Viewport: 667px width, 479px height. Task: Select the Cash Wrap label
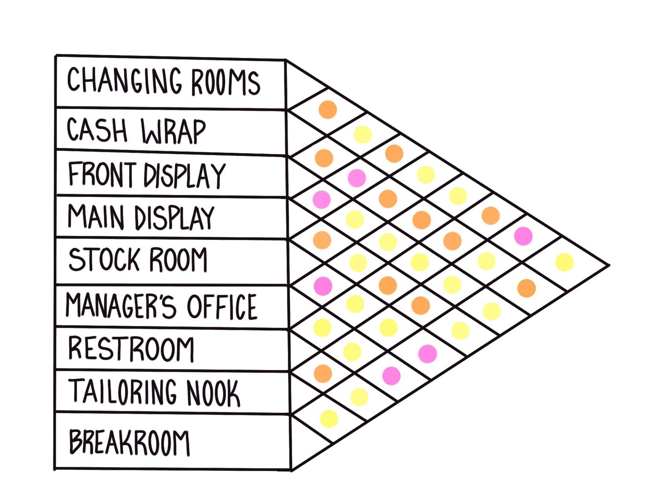(x=137, y=130)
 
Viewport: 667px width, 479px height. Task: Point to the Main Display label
(x=141, y=217)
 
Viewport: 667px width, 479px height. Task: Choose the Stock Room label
(x=138, y=260)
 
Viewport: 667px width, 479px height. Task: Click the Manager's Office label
(x=161, y=306)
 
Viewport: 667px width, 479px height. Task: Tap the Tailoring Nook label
(x=154, y=392)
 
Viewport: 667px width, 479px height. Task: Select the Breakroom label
(x=129, y=441)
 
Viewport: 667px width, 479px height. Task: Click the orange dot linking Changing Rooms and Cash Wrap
(x=328, y=109)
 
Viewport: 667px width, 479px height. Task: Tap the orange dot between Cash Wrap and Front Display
(x=324, y=158)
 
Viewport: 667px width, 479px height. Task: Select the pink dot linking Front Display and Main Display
(x=322, y=199)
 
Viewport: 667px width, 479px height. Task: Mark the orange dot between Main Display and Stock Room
(x=322, y=239)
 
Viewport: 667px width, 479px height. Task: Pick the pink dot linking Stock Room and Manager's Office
(x=323, y=285)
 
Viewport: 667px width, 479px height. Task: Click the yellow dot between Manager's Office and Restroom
(x=322, y=327)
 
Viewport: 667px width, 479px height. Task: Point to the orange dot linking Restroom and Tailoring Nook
(x=323, y=373)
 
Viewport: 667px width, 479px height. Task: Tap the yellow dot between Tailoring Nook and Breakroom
(x=329, y=418)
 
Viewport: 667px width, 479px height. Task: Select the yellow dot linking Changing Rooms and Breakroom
(x=564, y=262)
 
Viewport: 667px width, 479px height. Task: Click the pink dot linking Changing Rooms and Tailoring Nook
(x=523, y=236)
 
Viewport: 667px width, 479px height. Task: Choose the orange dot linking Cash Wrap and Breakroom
(x=526, y=288)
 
